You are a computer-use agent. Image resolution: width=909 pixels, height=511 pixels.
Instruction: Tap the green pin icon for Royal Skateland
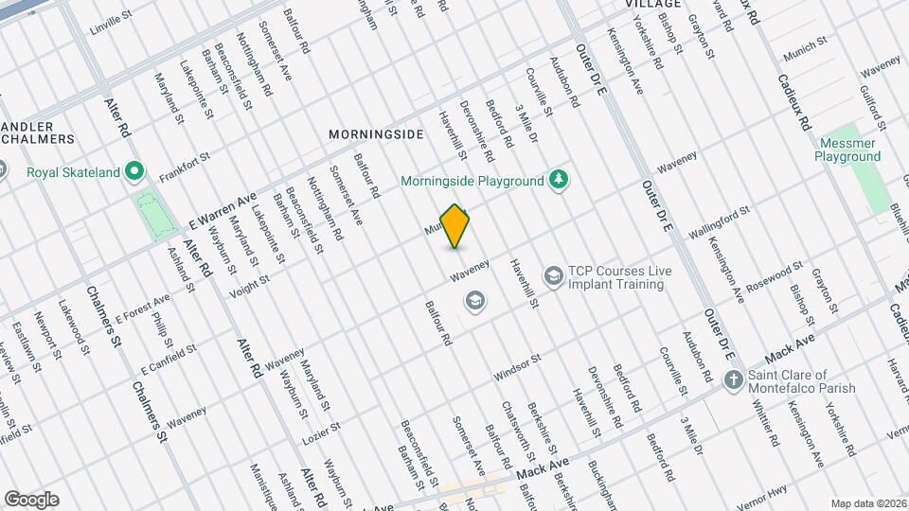tap(134, 171)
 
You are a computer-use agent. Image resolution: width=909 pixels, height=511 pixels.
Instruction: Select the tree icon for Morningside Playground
tap(560, 180)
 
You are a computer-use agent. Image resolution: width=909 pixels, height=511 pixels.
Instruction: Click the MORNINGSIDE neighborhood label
tap(376, 134)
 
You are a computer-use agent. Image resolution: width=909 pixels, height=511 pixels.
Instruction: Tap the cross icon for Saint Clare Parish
tap(732, 381)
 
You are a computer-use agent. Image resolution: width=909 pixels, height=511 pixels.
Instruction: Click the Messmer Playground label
tap(848, 150)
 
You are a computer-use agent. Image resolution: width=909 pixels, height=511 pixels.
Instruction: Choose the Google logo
tap(31, 500)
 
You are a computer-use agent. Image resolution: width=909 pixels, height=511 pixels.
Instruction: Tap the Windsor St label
tap(517, 368)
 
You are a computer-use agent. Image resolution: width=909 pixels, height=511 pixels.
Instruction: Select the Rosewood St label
tap(774, 275)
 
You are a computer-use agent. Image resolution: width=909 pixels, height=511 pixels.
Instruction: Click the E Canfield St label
tap(168, 357)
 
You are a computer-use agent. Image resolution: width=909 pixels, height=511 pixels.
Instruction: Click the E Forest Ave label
tap(142, 308)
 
